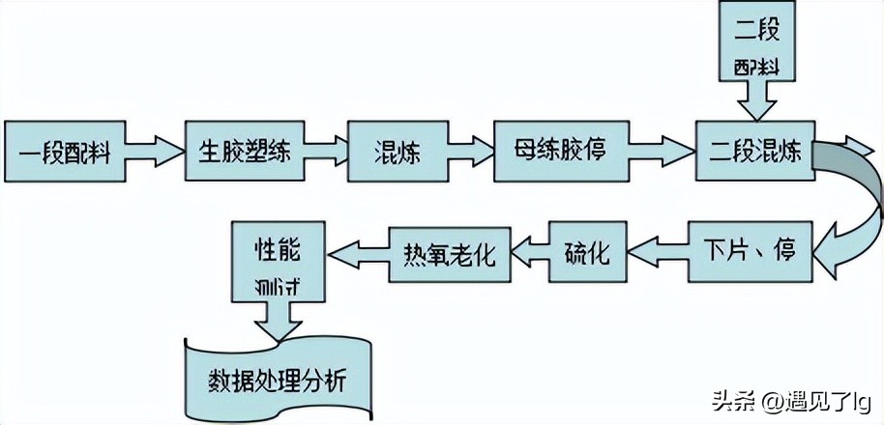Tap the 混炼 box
[397, 152]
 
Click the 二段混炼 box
[751, 152]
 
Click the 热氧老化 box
[448, 254]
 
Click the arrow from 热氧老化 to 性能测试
[358, 254]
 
